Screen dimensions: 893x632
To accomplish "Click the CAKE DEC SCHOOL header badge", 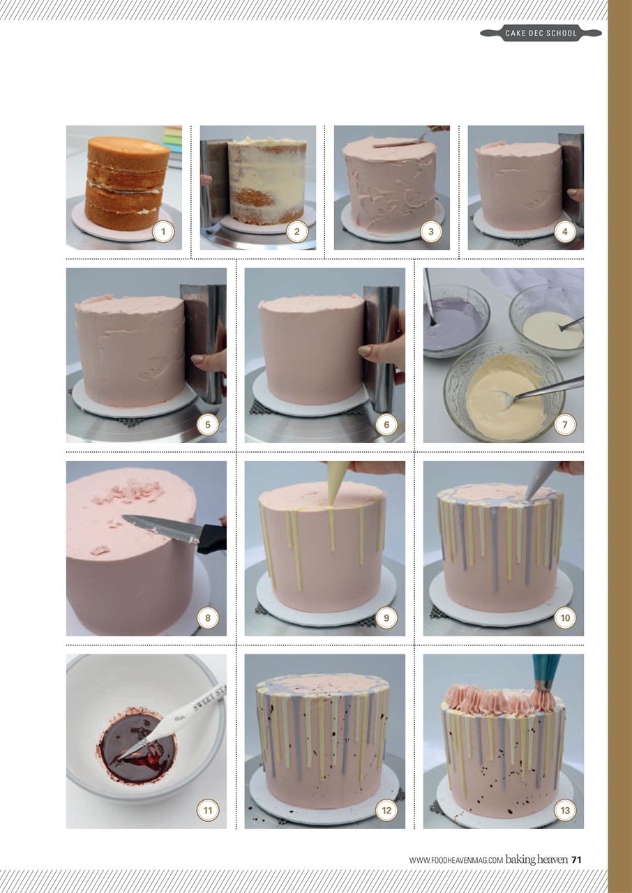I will [x=541, y=33].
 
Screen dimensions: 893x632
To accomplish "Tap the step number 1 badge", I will [x=163, y=232].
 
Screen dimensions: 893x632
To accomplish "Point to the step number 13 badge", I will [x=564, y=810].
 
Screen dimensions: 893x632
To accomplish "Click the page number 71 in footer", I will [x=576, y=860].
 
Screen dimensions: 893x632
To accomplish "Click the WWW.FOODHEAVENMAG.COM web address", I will [x=456, y=861].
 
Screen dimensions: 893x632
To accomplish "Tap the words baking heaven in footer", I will [x=536, y=860].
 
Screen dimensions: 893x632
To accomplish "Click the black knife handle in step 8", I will [x=212, y=538].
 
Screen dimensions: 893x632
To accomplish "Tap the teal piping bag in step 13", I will [x=546, y=669].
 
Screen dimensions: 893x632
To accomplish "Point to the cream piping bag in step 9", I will [x=338, y=481].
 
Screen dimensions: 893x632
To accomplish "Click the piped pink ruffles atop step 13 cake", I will [x=495, y=699].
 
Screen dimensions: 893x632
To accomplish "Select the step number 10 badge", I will [x=564, y=617].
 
